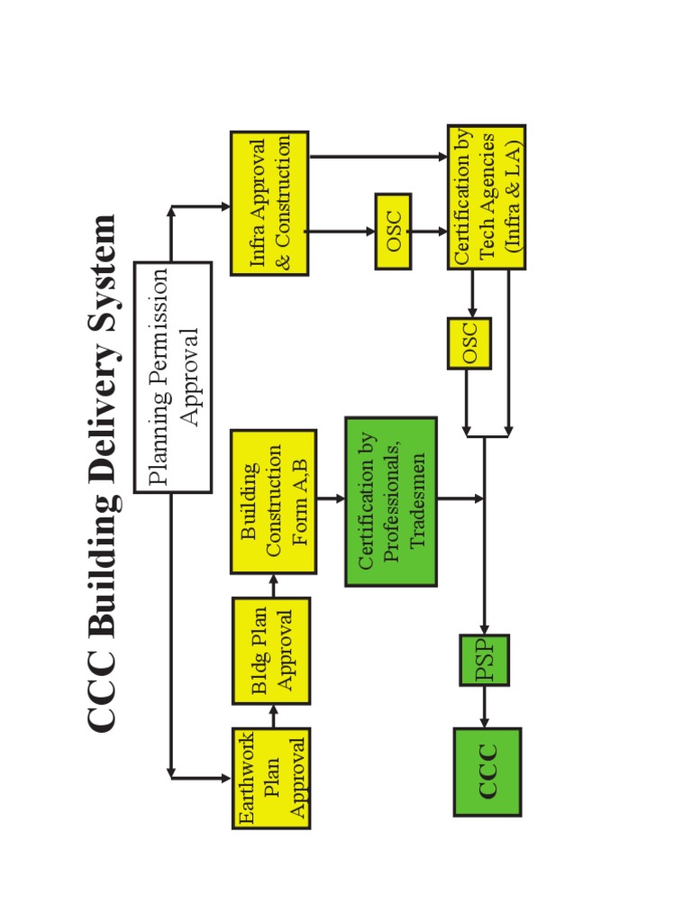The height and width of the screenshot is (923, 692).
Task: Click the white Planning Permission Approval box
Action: click(x=173, y=377)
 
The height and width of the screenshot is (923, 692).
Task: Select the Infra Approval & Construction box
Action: click(x=269, y=203)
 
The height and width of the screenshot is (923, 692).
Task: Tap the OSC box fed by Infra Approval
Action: click(x=393, y=231)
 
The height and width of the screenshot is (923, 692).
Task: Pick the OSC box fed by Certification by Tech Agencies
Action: click(x=469, y=343)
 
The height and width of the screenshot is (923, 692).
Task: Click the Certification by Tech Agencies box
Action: click(x=487, y=197)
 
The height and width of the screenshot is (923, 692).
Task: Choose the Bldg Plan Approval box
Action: click(x=271, y=650)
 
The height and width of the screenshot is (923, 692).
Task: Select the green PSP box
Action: click(x=485, y=660)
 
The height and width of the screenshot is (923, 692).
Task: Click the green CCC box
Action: click(x=487, y=772)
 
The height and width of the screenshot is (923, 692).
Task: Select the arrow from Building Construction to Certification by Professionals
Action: click(x=331, y=498)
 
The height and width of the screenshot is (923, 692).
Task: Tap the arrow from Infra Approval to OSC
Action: click(x=341, y=231)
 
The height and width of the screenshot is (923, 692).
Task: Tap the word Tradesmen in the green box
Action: click(x=418, y=500)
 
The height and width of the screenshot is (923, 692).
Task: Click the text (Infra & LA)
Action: click(x=514, y=196)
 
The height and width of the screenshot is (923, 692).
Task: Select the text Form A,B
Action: click(x=300, y=501)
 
